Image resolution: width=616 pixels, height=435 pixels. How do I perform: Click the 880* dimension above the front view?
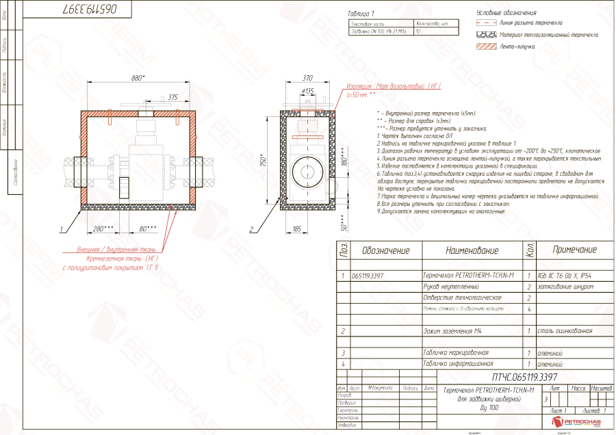click(139, 78)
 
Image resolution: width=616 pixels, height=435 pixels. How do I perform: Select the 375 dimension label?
click(172, 97)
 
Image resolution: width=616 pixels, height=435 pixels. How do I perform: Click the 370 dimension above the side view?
click(307, 78)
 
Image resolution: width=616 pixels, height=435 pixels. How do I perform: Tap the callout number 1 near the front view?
click(62, 230)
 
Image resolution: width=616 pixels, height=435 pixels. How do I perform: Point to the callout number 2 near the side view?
click(252, 230)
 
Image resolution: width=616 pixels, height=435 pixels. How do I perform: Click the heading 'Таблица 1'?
click(361, 13)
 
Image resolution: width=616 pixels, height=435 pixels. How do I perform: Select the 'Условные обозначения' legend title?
click(506, 12)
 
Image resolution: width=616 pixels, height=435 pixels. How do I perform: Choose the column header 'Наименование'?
click(472, 250)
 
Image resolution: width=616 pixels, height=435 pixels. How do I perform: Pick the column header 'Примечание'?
click(574, 250)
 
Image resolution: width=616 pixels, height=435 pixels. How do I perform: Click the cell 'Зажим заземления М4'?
click(454, 331)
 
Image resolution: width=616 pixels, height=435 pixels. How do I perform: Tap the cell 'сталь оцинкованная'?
click(565, 331)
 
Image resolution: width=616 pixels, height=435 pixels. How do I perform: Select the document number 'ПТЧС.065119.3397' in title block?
click(525, 377)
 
